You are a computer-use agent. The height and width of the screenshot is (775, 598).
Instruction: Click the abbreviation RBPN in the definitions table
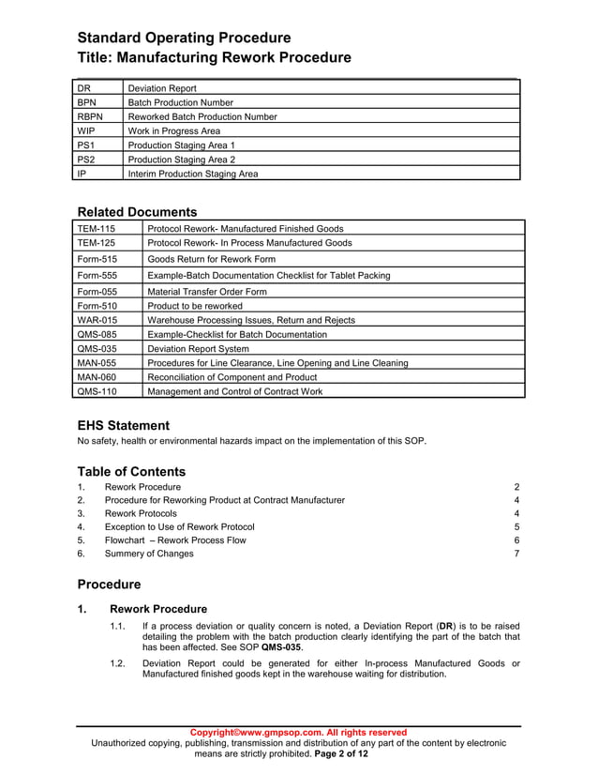click(90, 117)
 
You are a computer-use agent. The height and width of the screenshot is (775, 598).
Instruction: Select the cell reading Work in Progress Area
click(173, 131)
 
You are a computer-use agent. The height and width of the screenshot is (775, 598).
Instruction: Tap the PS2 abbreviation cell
click(85, 160)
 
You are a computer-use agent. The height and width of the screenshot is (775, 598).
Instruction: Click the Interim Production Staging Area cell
click(192, 174)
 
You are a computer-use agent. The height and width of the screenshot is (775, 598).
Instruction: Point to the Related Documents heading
click(137, 212)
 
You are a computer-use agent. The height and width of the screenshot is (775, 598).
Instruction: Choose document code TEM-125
click(97, 243)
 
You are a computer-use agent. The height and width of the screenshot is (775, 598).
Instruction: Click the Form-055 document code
click(97, 292)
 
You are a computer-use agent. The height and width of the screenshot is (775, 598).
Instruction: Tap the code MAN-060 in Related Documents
click(97, 377)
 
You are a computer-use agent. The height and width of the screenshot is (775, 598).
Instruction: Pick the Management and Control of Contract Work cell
click(234, 392)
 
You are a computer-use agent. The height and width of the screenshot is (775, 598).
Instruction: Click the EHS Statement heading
click(123, 425)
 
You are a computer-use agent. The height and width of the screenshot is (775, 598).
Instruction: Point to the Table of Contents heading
click(131, 472)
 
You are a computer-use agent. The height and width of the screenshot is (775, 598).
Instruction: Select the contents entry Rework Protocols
click(141, 514)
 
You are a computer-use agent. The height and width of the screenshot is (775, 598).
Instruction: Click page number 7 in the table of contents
click(516, 554)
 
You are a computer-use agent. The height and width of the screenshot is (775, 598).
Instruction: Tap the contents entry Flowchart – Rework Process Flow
click(175, 540)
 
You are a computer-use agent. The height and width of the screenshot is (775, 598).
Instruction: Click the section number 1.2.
click(117, 662)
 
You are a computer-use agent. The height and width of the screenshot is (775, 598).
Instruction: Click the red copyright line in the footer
click(298, 732)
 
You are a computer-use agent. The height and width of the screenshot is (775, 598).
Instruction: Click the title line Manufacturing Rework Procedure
click(214, 58)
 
